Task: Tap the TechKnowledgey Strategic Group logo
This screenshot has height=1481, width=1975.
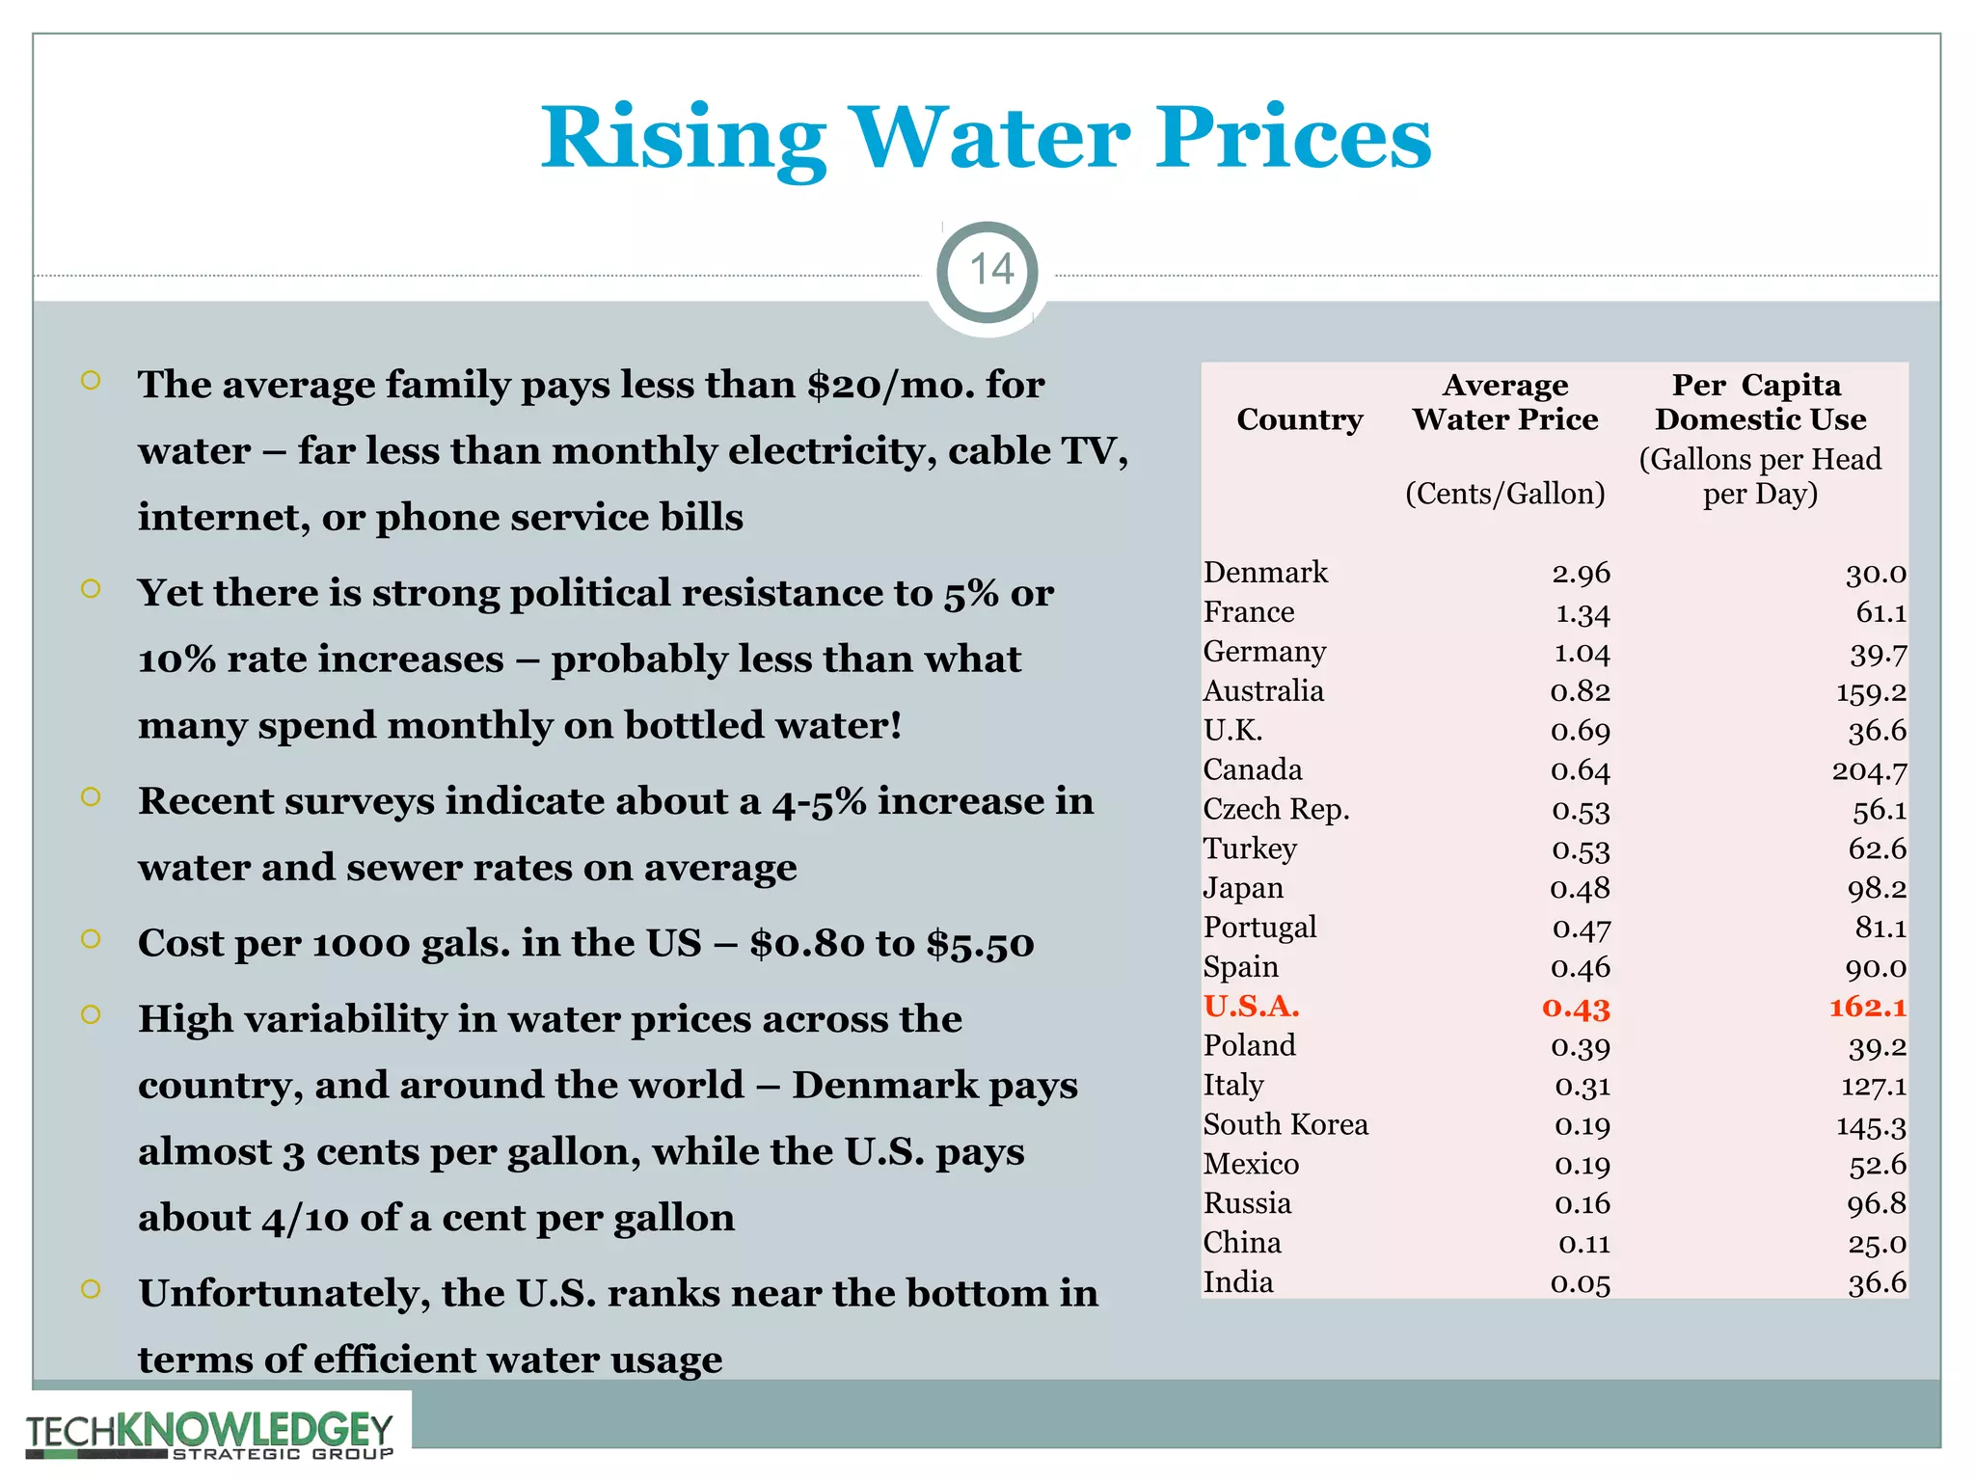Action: point(209,1434)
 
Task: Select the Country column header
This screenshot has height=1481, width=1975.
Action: point(1299,419)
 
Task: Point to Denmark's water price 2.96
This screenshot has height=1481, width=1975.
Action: point(1581,574)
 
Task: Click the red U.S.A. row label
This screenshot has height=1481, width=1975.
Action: point(1251,1007)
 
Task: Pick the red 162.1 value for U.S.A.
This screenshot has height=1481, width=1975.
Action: point(1867,1008)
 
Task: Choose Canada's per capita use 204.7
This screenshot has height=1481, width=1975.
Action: point(1868,771)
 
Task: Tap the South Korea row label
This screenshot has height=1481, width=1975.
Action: point(1285,1125)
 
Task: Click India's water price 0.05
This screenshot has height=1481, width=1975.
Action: point(1581,1283)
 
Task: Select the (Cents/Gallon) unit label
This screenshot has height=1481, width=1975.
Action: point(1504,494)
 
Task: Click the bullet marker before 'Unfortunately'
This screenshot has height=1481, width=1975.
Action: point(91,1289)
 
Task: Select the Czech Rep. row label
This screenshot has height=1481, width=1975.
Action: point(1276,809)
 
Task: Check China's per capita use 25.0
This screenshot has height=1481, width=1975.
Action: point(1877,1244)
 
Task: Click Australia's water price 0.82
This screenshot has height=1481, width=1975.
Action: point(1581,692)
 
